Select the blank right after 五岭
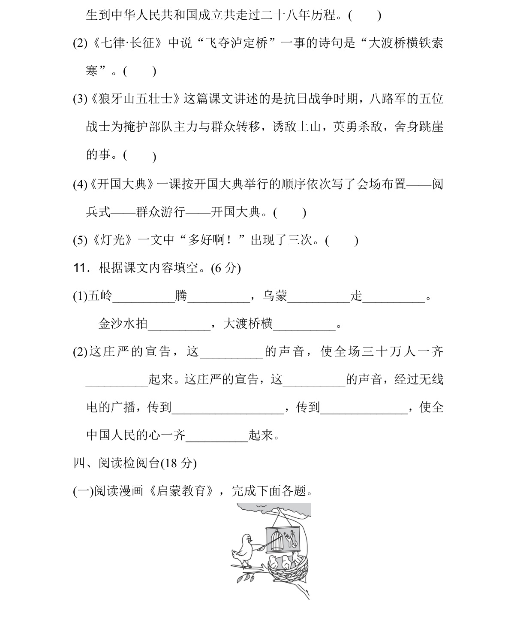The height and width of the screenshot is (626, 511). click(x=144, y=296)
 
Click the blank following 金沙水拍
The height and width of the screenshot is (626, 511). click(x=179, y=324)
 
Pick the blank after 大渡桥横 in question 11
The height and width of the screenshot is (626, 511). click(x=304, y=324)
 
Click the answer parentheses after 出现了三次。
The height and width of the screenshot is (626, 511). click(x=341, y=240)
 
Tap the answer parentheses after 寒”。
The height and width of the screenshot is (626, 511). click(x=139, y=71)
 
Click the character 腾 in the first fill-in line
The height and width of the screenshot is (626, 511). click(x=181, y=296)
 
